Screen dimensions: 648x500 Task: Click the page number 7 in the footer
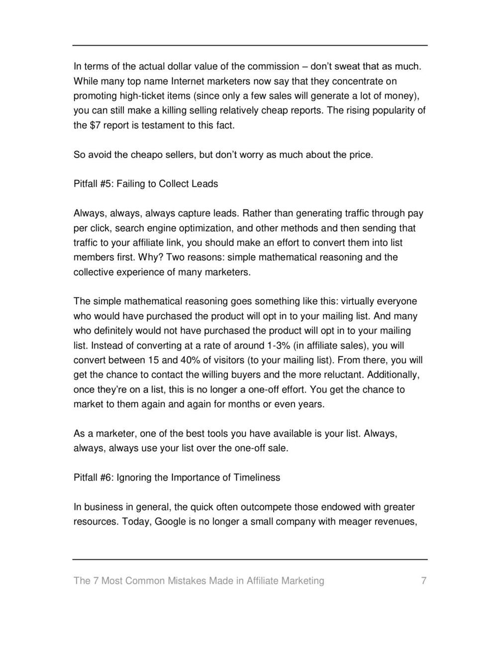(x=423, y=581)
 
